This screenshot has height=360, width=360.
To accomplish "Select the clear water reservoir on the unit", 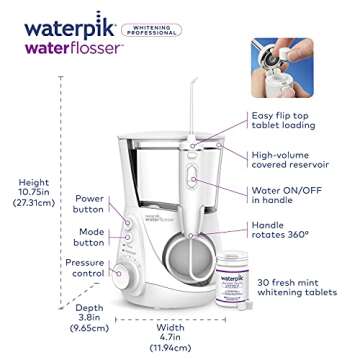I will pos(165,160).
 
